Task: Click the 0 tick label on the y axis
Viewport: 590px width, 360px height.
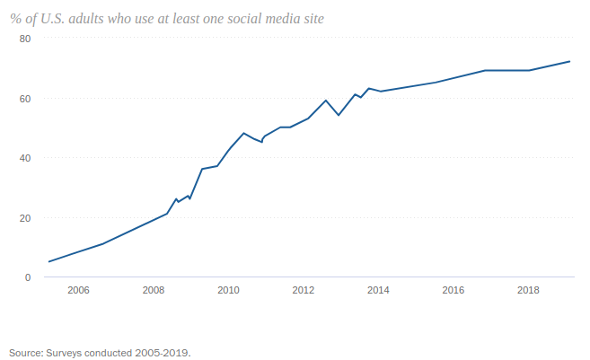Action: [27, 277]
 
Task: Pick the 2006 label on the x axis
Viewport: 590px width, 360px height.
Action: [78, 290]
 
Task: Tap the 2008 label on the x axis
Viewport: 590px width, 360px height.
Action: [154, 290]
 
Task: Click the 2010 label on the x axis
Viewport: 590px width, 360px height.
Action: [228, 290]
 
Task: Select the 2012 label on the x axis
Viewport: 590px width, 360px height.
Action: [304, 290]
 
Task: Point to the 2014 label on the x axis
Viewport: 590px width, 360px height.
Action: [378, 290]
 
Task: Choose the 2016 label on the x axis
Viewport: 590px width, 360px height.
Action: [454, 290]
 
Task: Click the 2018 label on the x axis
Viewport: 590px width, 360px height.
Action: [529, 290]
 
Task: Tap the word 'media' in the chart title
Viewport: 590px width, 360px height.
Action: [284, 19]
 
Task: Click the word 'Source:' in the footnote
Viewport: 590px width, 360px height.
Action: [25, 352]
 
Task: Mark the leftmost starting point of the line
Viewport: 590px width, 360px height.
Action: [48, 261]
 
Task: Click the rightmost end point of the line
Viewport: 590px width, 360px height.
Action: [571, 61]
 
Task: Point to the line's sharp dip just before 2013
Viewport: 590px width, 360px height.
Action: [338, 115]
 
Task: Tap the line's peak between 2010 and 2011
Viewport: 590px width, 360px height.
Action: [243, 133]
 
